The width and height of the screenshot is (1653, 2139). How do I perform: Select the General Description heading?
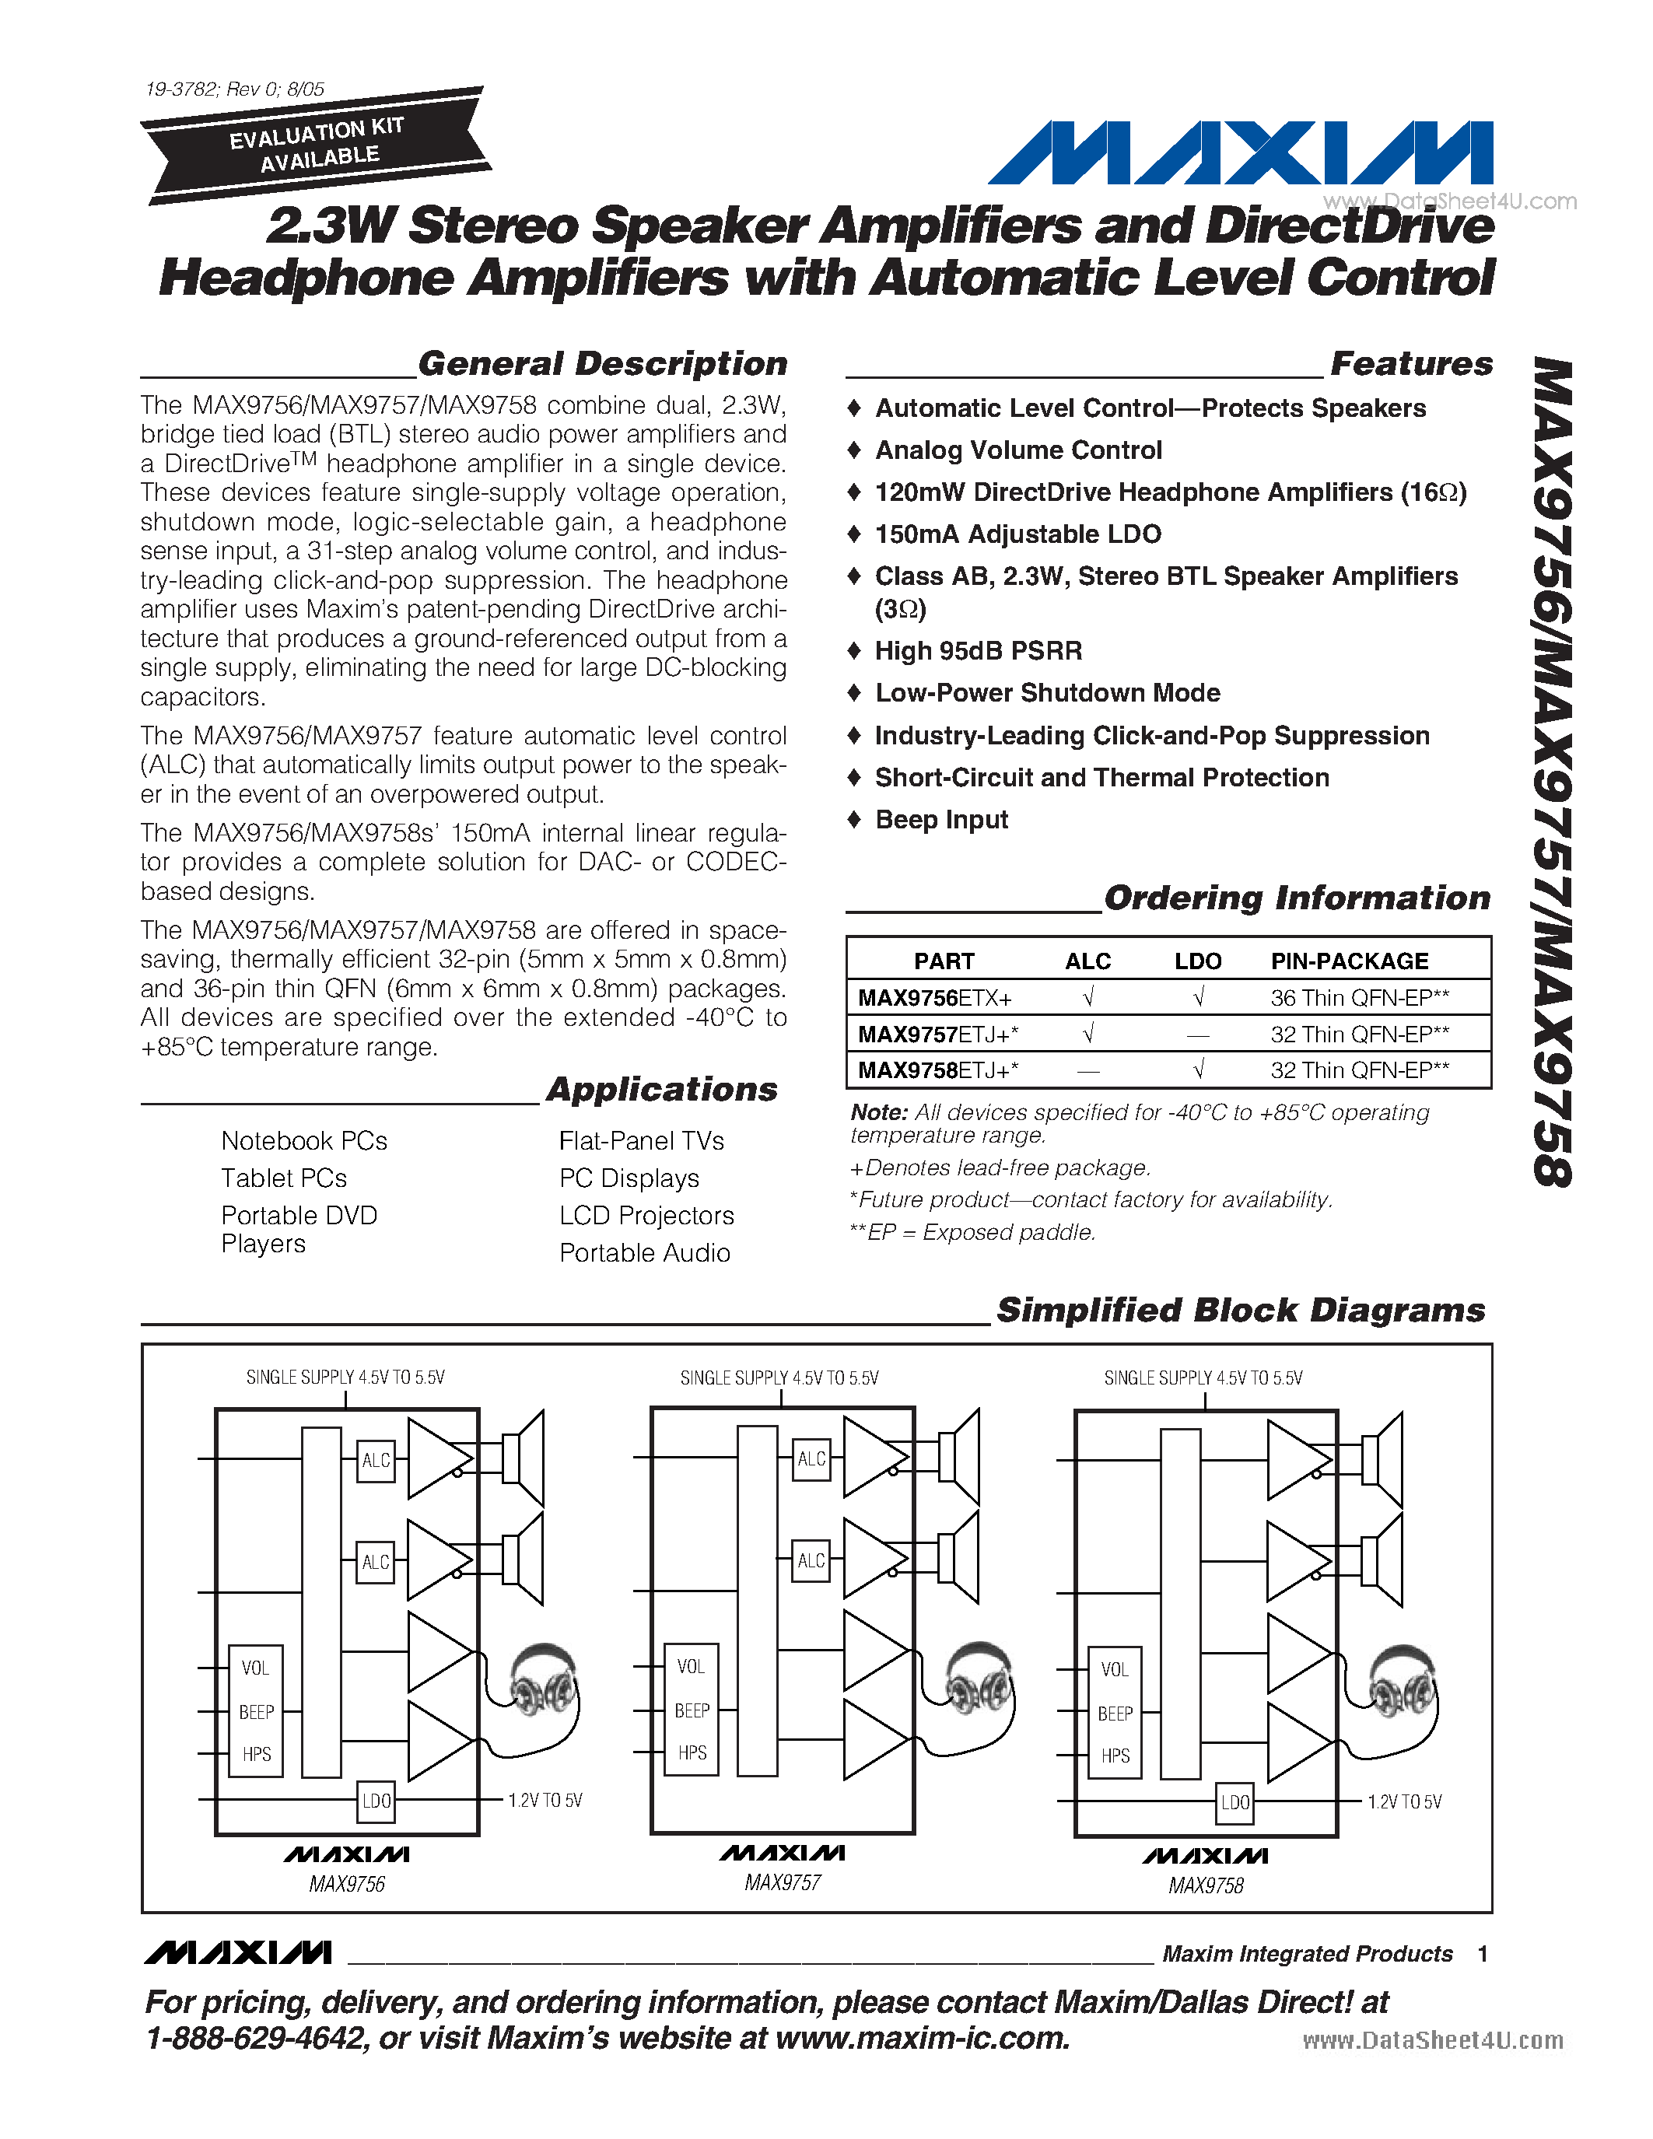click(602, 363)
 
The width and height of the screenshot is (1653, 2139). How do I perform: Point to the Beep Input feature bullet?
click(940, 819)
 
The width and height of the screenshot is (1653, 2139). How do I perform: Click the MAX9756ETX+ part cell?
click(934, 998)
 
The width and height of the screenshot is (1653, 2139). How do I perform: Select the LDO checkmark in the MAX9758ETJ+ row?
click(1199, 1069)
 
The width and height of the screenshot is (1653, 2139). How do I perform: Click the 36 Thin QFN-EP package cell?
click(1359, 998)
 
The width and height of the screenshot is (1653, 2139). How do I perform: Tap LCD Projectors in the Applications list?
click(646, 1216)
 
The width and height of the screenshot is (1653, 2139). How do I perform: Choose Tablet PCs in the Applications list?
click(284, 1178)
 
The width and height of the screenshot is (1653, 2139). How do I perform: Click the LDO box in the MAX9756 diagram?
click(376, 1800)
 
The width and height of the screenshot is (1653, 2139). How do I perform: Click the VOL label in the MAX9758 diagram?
click(1115, 1669)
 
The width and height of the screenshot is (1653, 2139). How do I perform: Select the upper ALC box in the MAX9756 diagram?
click(376, 1460)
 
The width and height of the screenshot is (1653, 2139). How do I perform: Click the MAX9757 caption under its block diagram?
click(782, 1882)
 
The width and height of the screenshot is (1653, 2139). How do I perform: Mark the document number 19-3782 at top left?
click(182, 89)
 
